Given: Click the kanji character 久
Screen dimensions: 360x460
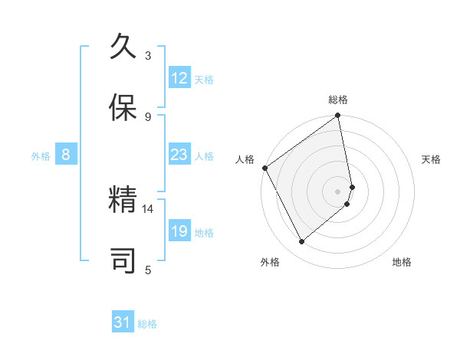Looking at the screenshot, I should tap(123, 48).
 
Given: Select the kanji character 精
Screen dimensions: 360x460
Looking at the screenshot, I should tap(123, 201).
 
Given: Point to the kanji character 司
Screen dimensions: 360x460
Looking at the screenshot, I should tap(123, 261).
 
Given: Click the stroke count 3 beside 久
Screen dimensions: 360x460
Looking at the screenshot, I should tap(148, 56).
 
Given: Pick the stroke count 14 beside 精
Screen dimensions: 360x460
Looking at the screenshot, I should tap(148, 208).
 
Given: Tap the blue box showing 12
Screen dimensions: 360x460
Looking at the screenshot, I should tap(179, 78).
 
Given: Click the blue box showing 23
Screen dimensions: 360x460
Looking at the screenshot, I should tap(179, 155).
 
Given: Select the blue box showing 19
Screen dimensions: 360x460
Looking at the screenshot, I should tap(179, 231).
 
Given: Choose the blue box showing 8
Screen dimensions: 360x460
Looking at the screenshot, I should tap(66, 155).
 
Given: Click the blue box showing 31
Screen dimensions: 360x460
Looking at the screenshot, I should tap(123, 322).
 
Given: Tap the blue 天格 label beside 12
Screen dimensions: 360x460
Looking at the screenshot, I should tap(204, 79).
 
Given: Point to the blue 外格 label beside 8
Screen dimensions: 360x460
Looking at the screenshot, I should tap(41, 155).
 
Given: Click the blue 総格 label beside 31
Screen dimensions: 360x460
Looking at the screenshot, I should tap(147, 323).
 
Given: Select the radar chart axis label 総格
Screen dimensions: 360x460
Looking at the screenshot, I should tap(338, 100).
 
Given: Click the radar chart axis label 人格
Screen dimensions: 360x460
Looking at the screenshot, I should tap(245, 159).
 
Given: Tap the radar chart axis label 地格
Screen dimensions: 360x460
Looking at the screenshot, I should tap(402, 262).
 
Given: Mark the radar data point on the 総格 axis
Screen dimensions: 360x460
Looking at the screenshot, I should tap(338, 116).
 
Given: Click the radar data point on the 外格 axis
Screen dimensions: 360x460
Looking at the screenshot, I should tap(302, 241).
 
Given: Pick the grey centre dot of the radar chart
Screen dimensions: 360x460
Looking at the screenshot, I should tap(338, 191).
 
